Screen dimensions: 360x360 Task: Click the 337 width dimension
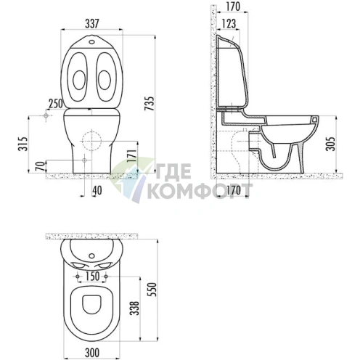(92, 24)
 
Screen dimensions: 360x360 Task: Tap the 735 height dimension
(150, 104)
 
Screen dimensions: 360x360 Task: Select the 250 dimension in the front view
(56, 104)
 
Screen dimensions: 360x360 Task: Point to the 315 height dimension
(22, 144)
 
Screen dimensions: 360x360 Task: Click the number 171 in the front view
(131, 157)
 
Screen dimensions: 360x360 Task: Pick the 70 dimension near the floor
(41, 166)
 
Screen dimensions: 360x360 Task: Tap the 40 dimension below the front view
(97, 191)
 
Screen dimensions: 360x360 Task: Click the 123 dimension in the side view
(229, 23)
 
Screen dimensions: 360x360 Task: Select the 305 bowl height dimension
(330, 144)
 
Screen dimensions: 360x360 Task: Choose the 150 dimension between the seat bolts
(92, 277)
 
